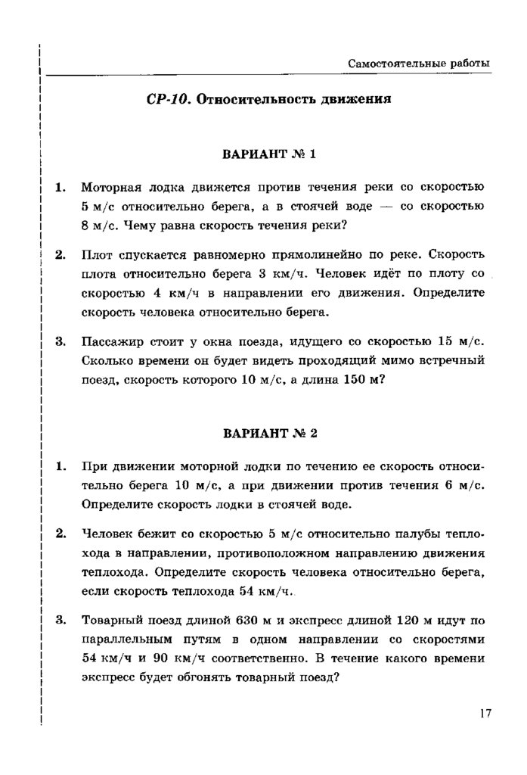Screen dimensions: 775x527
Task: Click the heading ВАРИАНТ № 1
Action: (x=268, y=154)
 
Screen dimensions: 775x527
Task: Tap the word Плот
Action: (x=96, y=255)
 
